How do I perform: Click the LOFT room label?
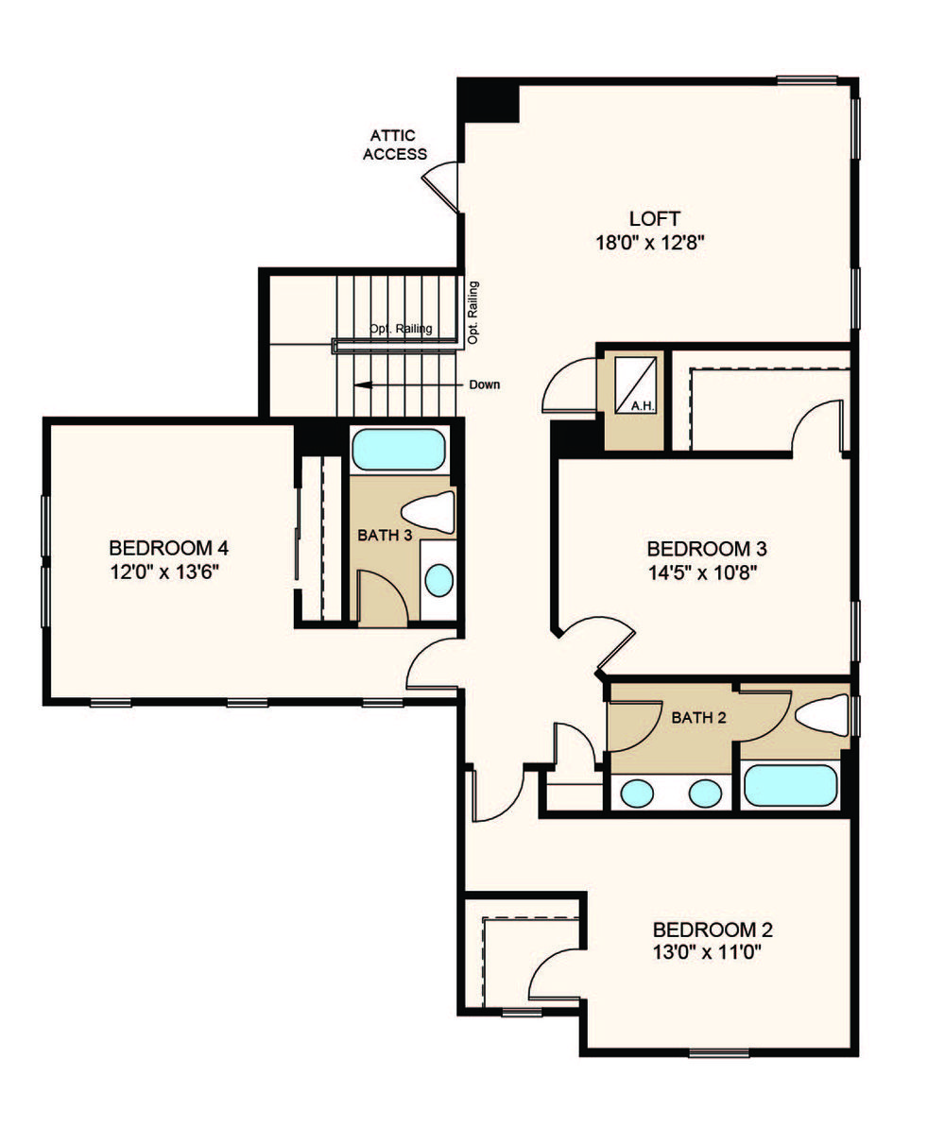point(655,218)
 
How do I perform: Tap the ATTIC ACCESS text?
point(395,145)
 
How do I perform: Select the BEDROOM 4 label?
point(169,547)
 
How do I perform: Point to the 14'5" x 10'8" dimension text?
point(703,572)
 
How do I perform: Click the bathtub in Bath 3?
point(398,450)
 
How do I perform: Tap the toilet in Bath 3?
point(428,512)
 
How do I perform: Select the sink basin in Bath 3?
point(439,580)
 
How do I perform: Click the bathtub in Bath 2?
point(790,785)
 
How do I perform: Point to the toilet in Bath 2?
point(820,714)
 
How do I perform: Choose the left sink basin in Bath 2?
point(636,793)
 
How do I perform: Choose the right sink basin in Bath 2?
point(705,793)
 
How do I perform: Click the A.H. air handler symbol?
point(635,384)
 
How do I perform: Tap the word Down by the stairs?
point(485,384)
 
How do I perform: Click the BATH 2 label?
point(699,717)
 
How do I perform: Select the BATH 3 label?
point(385,535)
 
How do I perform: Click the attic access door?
point(440,187)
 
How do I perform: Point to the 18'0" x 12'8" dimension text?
point(649,242)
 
